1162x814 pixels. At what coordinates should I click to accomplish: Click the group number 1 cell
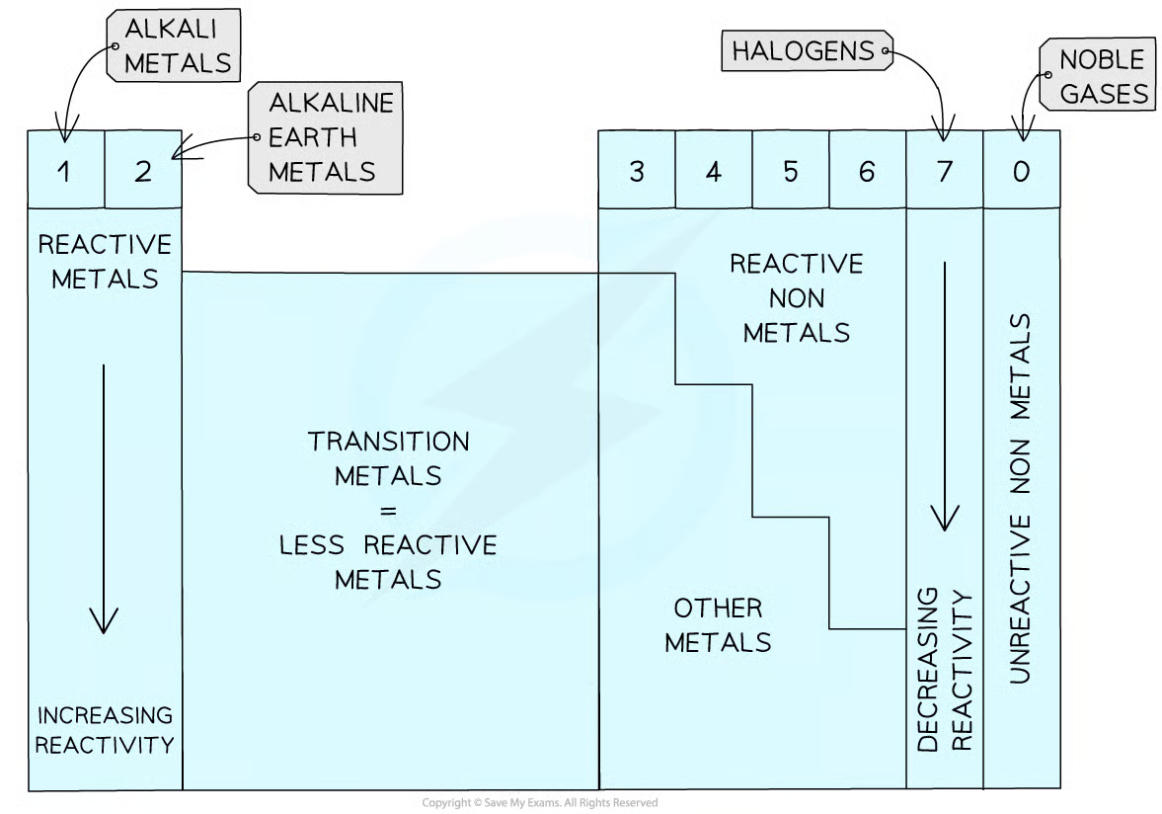pyautogui.click(x=65, y=171)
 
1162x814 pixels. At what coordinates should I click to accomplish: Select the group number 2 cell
pyautogui.click(x=143, y=171)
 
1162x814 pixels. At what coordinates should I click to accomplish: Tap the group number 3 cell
pyautogui.click(x=637, y=171)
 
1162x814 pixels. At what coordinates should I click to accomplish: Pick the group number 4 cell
pyautogui.click(x=714, y=171)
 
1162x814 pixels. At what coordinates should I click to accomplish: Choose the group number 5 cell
pyautogui.click(x=791, y=171)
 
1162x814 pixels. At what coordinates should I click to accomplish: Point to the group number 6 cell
pyautogui.click(x=867, y=171)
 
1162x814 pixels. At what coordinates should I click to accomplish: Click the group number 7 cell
pyautogui.click(x=945, y=171)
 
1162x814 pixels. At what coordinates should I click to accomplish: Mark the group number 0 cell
pyautogui.click(x=1021, y=171)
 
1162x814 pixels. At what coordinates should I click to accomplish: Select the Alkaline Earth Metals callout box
pyautogui.click(x=325, y=137)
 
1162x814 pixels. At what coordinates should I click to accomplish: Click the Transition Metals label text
pyautogui.click(x=388, y=509)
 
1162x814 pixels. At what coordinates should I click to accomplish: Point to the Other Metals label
pyautogui.click(x=718, y=624)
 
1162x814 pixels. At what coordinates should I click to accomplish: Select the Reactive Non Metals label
pyautogui.click(x=796, y=297)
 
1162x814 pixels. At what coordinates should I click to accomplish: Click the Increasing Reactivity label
pyautogui.click(x=104, y=729)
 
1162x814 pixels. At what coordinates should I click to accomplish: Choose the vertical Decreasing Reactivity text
pyautogui.click(x=945, y=672)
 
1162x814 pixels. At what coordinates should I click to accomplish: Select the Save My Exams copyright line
pyautogui.click(x=539, y=803)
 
